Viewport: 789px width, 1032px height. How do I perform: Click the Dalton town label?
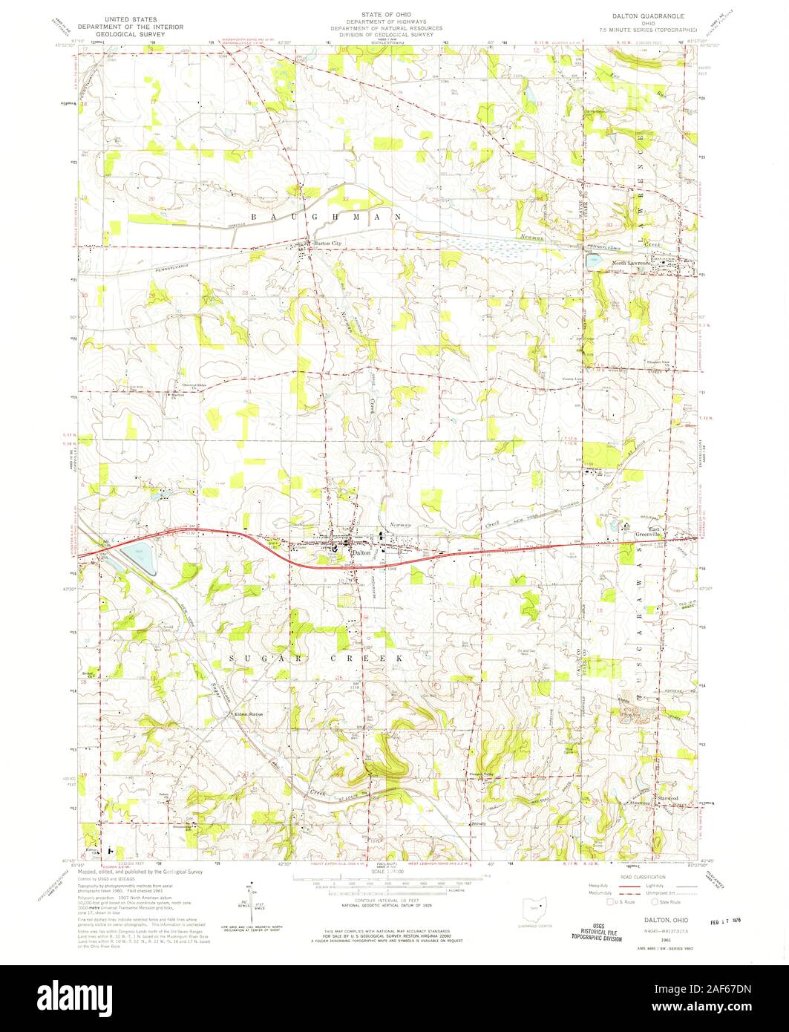(x=361, y=552)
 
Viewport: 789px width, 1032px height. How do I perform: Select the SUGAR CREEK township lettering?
(x=318, y=659)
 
